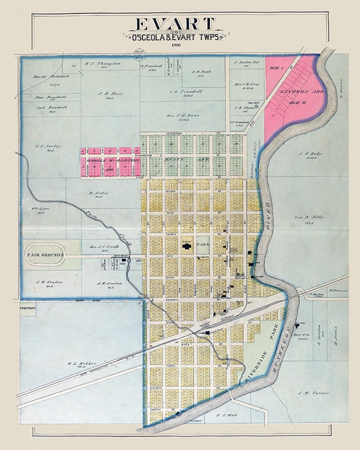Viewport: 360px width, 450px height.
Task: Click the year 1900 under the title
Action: point(176,45)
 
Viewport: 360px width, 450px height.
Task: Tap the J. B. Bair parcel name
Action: point(110,93)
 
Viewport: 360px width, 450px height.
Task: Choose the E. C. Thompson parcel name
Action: point(97,64)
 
